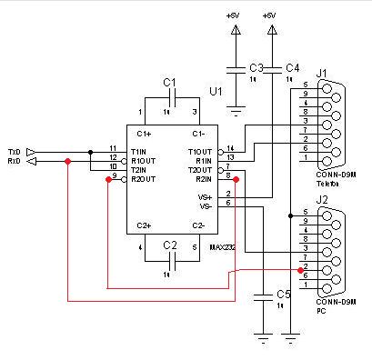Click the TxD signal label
(14, 151)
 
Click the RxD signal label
(14, 161)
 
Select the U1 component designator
(216, 92)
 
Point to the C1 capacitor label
(169, 83)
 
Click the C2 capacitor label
(169, 245)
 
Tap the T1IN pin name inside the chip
(141, 151)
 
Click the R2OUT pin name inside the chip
(143, 179)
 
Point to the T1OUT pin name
(200, 151)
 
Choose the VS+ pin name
(205, 196)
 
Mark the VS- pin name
(205, 206)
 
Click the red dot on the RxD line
(68, 162)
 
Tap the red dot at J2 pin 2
(300, 270)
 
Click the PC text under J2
(319, 309)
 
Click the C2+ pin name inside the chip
(145, 225)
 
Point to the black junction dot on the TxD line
(90, 151)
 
